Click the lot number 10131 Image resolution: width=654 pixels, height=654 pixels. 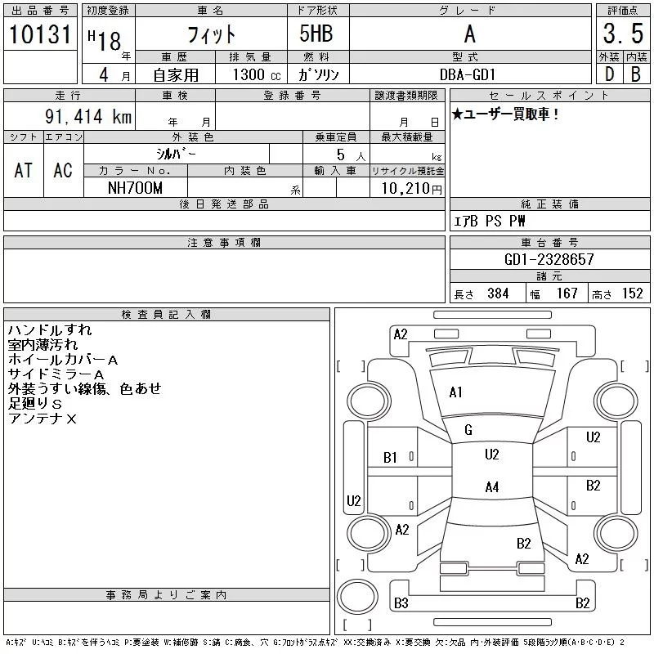[41, 35]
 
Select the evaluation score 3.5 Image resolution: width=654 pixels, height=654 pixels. [620, 35]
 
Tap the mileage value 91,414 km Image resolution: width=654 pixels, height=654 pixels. [88, 117]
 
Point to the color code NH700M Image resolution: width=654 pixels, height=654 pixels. [136, 188]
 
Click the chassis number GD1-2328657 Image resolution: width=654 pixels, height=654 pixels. [549, 260]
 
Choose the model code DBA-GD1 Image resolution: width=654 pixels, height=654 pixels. [468, 74]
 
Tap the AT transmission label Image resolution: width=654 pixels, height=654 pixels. [24, 170]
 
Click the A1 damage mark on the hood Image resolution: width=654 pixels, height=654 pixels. [456, 392]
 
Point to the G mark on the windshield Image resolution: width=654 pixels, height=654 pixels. [468, 430]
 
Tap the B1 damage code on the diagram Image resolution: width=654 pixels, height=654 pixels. [391, 458]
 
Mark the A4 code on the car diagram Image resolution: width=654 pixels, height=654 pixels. [491, 487]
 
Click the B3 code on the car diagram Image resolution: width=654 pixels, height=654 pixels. [401, 603]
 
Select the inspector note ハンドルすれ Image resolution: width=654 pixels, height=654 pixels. [50, 330]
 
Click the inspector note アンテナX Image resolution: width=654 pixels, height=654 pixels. [43, 419]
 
